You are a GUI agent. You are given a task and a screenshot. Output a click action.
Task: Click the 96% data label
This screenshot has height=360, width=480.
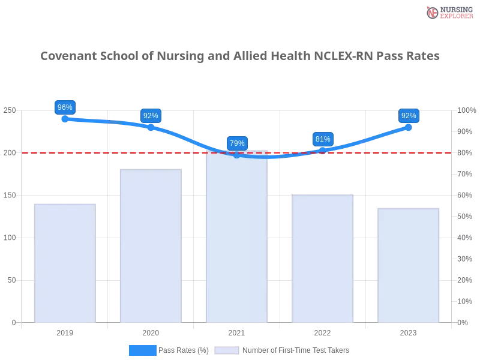coord(64,107)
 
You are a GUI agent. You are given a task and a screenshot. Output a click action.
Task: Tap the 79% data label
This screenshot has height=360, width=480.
coord(237,143)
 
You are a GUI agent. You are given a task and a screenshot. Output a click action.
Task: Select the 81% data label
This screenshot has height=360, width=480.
coord(323,139)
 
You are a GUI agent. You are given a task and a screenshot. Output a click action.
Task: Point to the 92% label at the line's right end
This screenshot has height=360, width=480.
coord(409,116)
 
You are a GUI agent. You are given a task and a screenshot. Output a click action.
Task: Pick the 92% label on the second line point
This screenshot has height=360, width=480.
coord(151,116)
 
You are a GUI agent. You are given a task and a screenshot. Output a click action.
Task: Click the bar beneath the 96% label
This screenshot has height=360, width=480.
coord(65,264)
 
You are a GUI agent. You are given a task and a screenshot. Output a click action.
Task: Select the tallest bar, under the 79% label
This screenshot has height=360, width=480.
coord(236,240)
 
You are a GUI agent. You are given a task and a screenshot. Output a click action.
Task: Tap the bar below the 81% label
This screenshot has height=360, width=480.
coord(322,258)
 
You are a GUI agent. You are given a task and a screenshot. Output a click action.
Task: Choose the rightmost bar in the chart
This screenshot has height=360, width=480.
coord(408,265)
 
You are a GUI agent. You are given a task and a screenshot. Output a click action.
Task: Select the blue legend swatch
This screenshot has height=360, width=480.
coord(143,350)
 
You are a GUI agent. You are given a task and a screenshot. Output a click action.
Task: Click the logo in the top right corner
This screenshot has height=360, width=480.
coord(449,12)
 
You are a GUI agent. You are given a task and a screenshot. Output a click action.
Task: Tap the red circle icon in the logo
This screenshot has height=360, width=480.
coord(433,13)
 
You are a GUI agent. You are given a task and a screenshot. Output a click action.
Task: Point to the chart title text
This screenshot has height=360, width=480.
coord(240,56)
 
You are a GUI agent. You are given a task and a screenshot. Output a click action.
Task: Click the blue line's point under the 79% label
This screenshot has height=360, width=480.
coord(237,155)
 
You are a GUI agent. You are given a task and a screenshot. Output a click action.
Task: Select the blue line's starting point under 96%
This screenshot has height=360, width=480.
coord(64,119)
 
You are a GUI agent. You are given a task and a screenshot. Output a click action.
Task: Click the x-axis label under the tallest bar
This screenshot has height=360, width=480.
coord(236,331)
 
